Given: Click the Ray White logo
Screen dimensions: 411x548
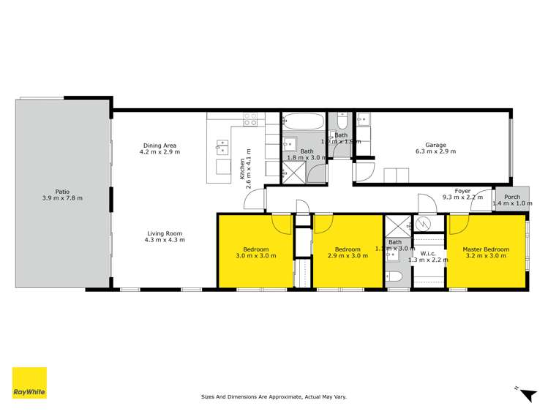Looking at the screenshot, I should pos(29,382).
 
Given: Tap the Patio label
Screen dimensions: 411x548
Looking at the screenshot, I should pos(52,193).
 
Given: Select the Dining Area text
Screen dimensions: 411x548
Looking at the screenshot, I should pos(159,145).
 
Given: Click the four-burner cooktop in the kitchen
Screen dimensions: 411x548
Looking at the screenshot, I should pos(250,118).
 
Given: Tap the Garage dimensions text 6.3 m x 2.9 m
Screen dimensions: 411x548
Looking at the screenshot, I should pos(435,151).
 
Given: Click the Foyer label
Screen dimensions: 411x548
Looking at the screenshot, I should pos(462,190).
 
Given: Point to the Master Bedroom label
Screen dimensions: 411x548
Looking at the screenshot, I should pos(486,249).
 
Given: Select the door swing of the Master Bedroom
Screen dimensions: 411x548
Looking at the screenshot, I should pos(459,219).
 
